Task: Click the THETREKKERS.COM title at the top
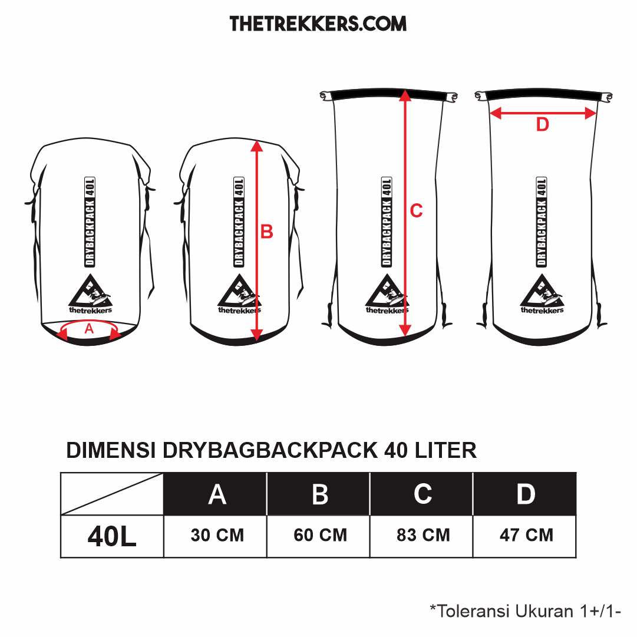(x=318, y=24)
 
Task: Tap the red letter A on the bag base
(x=89, y=328)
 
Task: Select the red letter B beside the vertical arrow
(x=266, y=232)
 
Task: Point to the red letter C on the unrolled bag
(x=417, y=210)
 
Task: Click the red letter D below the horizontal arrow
(x=542, y=124)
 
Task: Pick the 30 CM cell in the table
(x=217, y=535)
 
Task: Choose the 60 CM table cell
(x=320, y=535)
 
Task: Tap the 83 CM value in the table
(x=423, y=535)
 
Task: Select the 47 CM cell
(x=526, y=535)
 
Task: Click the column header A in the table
(x=217, y=495)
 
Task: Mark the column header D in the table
(x=526, y=494)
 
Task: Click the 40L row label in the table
(x=112, y=536)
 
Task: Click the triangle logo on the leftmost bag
(x=90, y=291)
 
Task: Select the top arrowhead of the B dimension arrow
(x=256, y=146)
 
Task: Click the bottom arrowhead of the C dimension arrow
(x=405, y=331)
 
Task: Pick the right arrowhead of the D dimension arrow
(x=590, y=113)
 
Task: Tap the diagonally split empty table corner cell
(x=112, y=494)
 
